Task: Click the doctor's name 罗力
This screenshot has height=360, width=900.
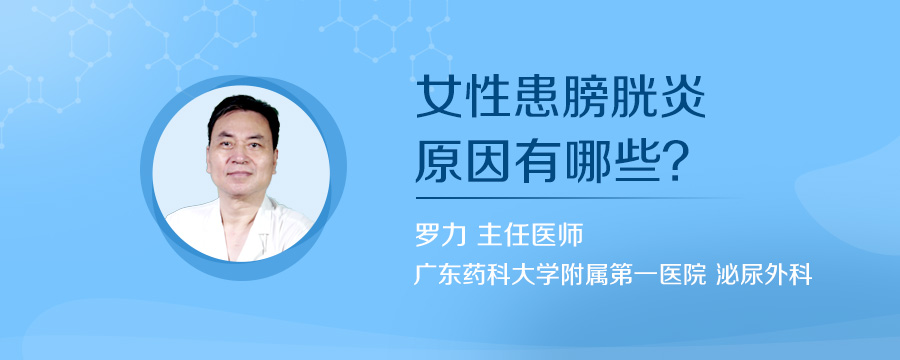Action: [440, 235]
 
